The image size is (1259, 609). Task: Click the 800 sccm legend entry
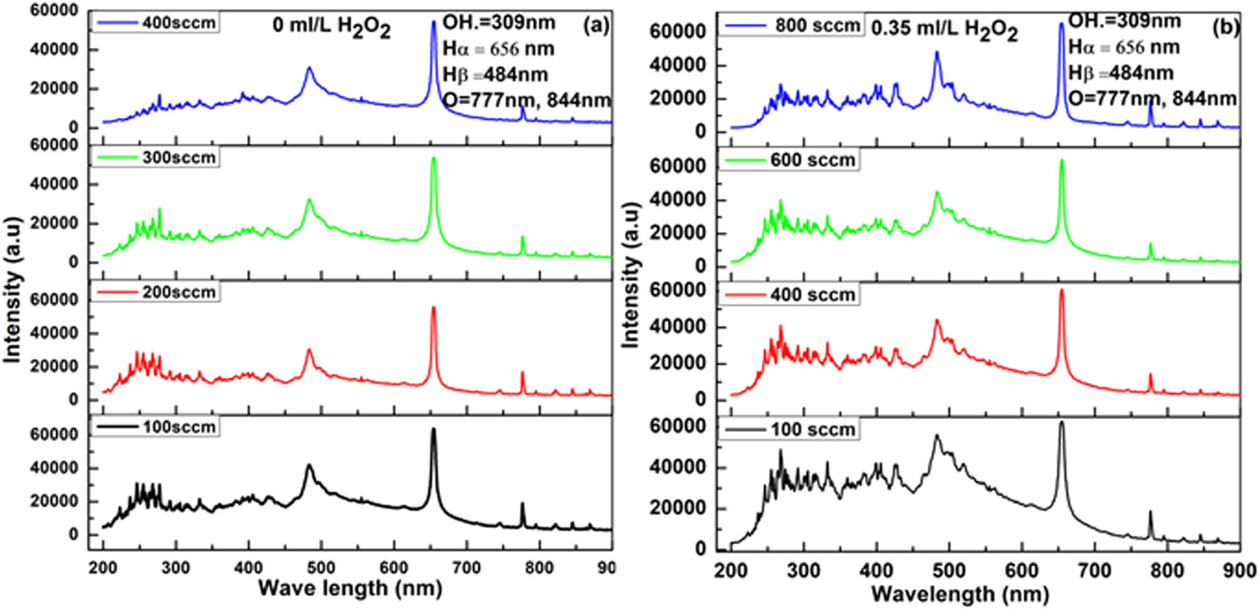792,26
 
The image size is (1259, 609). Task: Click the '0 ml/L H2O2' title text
331,27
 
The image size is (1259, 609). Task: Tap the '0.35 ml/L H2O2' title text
944,29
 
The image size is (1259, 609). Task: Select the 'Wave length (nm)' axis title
350,588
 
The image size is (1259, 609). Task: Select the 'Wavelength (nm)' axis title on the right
960,593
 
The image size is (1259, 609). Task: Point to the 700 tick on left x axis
467,567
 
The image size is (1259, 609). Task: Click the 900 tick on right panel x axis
1239,571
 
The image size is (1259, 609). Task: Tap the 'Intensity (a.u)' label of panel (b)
630,275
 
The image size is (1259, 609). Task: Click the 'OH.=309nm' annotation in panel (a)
499,23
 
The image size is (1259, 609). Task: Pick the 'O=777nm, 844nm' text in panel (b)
1152,98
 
